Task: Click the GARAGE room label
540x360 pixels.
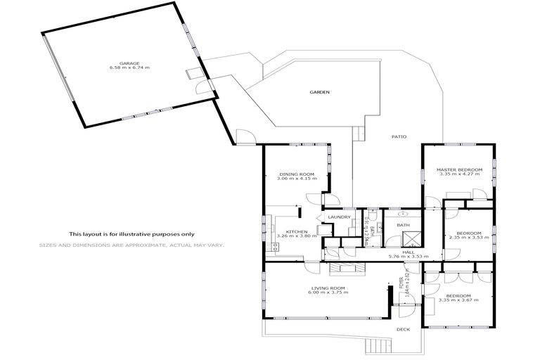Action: [x=129, y=63]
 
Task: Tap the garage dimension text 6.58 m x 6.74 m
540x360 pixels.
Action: [x=129, y=68]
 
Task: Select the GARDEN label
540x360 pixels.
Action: [x=320, y=92]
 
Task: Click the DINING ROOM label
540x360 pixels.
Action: [x=296, y=174]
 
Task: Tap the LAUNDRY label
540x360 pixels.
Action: [x=339, y=217]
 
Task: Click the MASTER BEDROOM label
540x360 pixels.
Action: [x=458, y=169]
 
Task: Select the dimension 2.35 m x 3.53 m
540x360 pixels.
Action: [x=468, y=238]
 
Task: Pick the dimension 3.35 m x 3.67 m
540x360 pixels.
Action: [x=458, y=300]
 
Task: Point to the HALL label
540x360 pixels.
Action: [x=408, y=252]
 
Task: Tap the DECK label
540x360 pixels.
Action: [x=403, y=329]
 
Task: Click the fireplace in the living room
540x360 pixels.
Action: [x=348, y=267]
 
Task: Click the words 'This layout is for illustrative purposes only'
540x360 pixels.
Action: [x=131, y=234]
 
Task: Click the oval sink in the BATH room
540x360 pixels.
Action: [x=403, y=212]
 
